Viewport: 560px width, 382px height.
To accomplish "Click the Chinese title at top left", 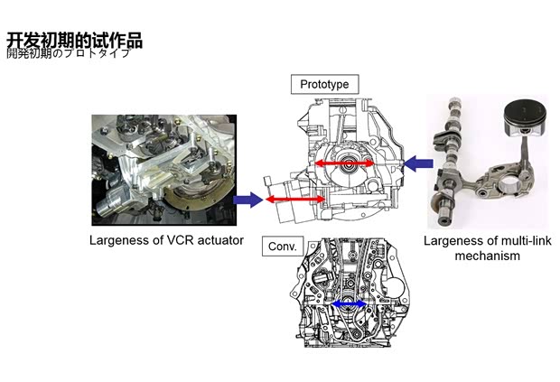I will (x=74, y=41).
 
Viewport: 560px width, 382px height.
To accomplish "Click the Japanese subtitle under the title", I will (x=69, y=53).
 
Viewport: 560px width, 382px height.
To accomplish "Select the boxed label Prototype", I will (x=324, y=84).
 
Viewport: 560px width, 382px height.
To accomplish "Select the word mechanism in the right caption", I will (x=488, y=256).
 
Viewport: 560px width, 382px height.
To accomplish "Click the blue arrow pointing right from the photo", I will (x=246, y=198).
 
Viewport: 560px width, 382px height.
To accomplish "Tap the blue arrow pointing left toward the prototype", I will (x=417, y=163).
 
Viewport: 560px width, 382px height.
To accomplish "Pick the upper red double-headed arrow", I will (x=343, y=163).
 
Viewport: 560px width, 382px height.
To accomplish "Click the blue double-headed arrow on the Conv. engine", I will (x=350, y=305).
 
